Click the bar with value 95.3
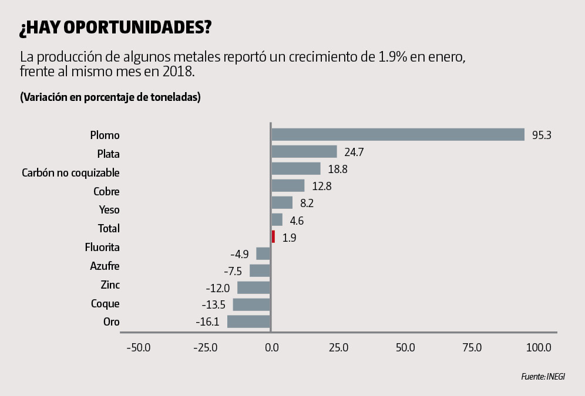coord(398,135)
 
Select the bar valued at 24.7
coord(304,152)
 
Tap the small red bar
coord(273,236)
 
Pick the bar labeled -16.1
coord(248,321)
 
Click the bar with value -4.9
coord(263,253)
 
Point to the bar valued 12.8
coord(288,186)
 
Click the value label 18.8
coord(336,170)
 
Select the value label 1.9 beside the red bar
coord(288,238)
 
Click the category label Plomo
coord(105,136)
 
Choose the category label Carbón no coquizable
coord(70,173)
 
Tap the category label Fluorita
coord(102,248)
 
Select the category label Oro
coord(112,322)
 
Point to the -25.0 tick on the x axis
coord(205,347)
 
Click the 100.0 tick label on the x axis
coord(539,347)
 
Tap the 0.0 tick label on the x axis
coord(271,347)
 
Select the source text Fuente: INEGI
coord(543,377)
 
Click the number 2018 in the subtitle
coord(172,73)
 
